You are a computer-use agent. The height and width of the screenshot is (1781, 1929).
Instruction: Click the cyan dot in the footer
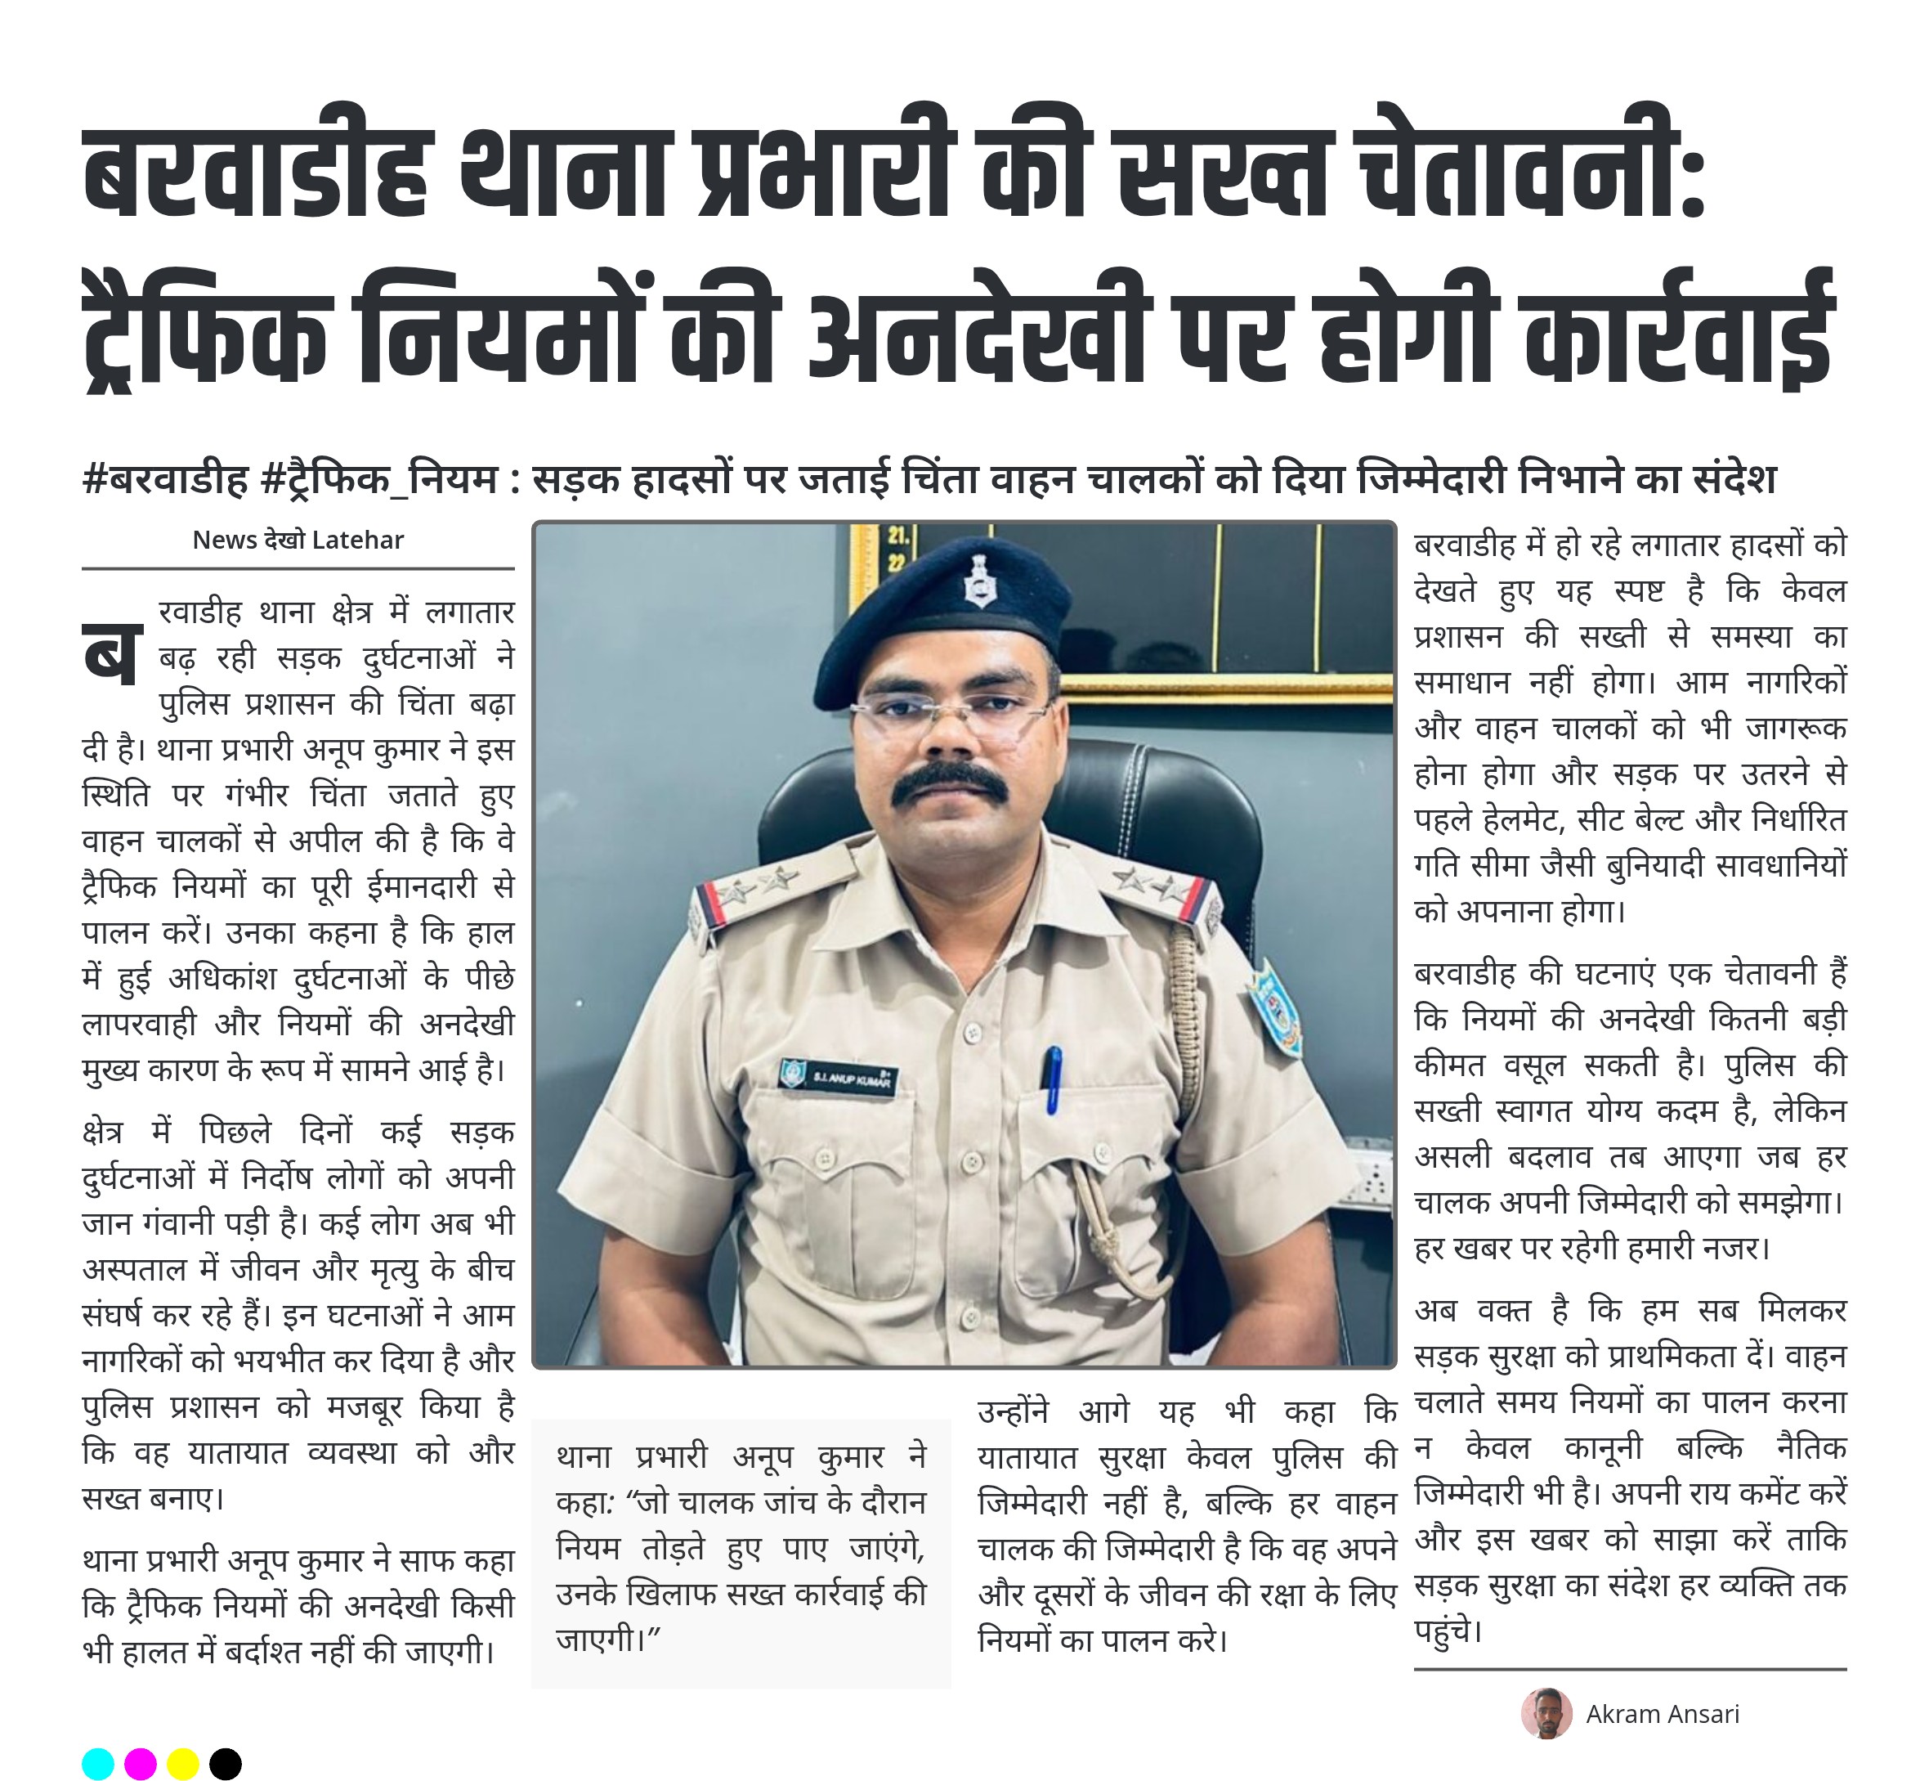(98, 1764)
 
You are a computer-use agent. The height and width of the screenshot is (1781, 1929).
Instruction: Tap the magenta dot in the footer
(141, 1764)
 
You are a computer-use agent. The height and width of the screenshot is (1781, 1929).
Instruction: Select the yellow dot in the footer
(183, 1764)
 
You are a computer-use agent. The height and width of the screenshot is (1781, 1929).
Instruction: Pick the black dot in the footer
(226, 1764)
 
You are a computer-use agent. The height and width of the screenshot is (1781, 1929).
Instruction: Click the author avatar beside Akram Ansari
(1546, 1714)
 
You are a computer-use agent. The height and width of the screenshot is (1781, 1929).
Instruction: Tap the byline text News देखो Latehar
(298, 540)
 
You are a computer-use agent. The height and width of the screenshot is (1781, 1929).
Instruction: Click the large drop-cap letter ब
(113, 655)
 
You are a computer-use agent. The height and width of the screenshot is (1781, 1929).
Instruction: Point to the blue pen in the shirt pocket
(1053, 1079)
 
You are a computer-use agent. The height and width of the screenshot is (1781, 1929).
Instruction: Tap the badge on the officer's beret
(980, 581)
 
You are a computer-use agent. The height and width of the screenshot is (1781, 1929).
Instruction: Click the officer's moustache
(950, 783)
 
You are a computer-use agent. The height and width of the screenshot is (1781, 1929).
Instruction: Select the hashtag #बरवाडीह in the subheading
(166, 479)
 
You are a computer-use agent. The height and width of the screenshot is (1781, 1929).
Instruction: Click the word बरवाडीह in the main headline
(255, 173)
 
